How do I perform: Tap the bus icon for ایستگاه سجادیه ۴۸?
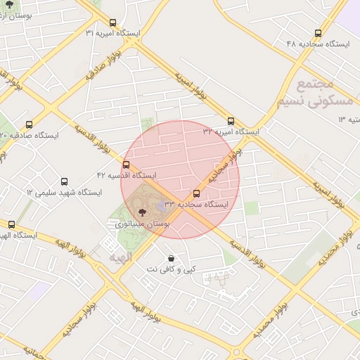pyautogui.click(x=319, y=33)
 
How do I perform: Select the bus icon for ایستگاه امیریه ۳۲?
pyautogui.click(x=231, y=121)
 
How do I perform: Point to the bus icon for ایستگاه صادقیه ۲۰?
pyautogui.click(x=29, y=124)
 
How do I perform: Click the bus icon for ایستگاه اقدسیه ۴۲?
pyautogui.click(x=126, y=165)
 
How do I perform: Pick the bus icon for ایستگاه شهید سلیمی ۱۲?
pyautogui.click(x=65, y=181)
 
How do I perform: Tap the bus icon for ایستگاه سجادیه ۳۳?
pyautogui.click(x=196, y=193)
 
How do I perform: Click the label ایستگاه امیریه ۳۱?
pyautogui.click(x=112, y=33)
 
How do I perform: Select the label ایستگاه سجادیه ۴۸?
pyautogui.click(x=318, y=44)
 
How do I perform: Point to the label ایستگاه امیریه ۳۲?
pyautogui.click(x=231, y=131)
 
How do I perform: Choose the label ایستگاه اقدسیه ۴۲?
pyautogui.click(x=127, y=174)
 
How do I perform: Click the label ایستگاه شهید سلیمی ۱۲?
pyautogui.click(x=64, y=192)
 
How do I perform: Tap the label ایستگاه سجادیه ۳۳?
pyautogui.click(x=196, y=204)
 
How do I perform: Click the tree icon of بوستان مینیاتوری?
pyautogui.click(x=143, y=212)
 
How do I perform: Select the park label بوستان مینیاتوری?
pyautogui.click(x=143, y=223)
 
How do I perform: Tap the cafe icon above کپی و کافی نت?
pyautogui.click(x=171, y=258)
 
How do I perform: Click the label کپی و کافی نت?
pyautogui.click(x=171, y=269)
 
